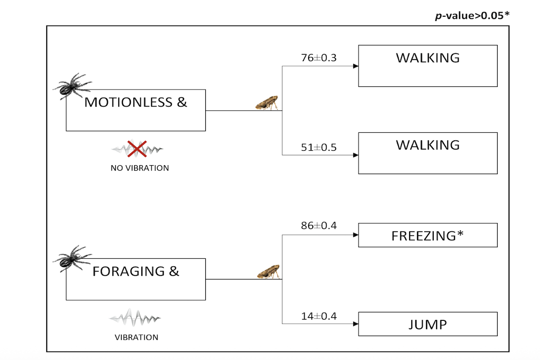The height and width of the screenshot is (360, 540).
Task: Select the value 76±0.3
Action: (319, 58)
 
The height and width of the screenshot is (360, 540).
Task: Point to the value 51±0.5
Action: (319, 147)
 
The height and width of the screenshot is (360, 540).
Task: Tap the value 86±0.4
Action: (319, 226)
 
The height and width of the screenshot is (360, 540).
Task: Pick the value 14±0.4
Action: (319, 316)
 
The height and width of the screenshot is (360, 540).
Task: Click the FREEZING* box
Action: (427, 235)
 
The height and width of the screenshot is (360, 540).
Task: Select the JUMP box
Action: (427, 324)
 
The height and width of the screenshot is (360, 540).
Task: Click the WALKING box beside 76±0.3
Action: (427, 66)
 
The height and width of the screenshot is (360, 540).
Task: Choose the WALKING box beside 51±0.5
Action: (427, 153)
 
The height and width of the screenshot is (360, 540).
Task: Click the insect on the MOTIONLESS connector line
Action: (267, 103)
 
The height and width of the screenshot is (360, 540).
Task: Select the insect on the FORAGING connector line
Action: (269, 272)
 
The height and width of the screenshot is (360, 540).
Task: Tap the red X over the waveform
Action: (137, 149)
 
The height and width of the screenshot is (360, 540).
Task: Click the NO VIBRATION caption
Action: (139, 168)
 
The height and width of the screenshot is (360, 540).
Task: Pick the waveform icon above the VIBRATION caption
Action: (135, 318)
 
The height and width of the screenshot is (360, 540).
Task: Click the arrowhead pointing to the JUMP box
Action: (355, 324)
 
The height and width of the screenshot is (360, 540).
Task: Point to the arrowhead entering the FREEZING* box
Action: (355, 235)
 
